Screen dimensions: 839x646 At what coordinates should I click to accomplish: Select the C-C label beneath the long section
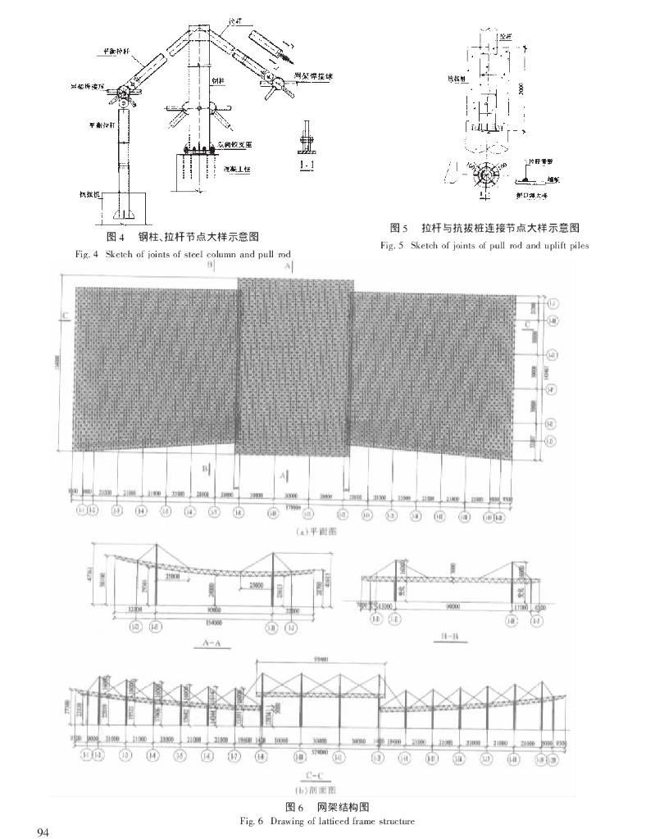(x=312, y=771)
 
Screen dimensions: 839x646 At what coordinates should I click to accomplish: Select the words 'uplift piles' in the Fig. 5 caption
(x=562, y=245)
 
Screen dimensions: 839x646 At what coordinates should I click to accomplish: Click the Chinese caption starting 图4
(x=184, y=238)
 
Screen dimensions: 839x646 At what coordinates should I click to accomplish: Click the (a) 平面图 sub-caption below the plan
(x=312, y=531)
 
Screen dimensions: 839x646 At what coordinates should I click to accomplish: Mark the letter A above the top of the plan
(x=286, y=266)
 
